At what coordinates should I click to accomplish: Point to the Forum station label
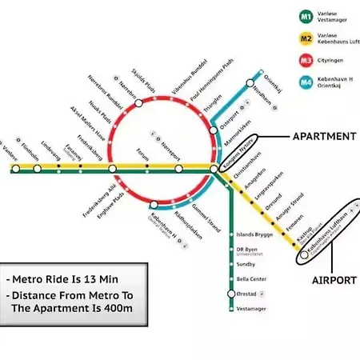[x=143, y=150]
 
